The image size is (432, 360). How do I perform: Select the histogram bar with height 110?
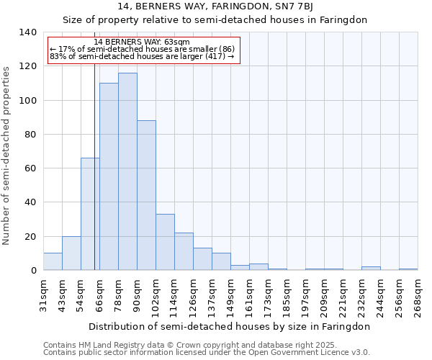coord(109,176)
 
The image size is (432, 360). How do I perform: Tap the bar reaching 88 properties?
coord(146,195)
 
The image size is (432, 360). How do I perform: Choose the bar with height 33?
coord(165,242)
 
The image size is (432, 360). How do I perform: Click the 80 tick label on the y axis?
coord(31,135)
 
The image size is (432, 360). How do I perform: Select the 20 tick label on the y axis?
coord(31,236)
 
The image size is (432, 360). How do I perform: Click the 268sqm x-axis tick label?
coord(419,293)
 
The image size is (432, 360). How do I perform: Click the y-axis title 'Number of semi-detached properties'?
coord(6,155)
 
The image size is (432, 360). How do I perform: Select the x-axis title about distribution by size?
coord(230,326)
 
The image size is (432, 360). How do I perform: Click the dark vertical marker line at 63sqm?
coord(94,180)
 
